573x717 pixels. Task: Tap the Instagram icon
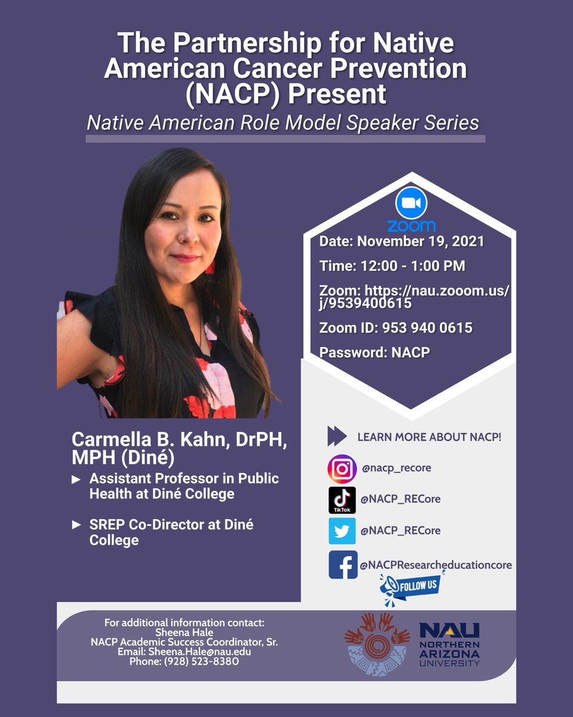pyautogui.click(x=342, y=468)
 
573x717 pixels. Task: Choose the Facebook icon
pyautogui.click(x=343, y=565)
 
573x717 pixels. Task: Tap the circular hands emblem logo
pyautogui.click(x=377, y=644)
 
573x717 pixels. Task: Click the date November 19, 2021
pyautogui.click(x=402, y=242)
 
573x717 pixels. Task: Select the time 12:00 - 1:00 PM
pyautogui.click(x=392, y=266)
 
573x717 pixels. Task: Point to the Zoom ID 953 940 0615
pyautogui.click(x=396, y=327)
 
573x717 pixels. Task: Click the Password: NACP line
pyautogui.click(x=375, y=352)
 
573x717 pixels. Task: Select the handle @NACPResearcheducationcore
pyautogui.click(x=436, y=565)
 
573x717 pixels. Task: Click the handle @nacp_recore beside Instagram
pyautogui.click(x=396, y=468)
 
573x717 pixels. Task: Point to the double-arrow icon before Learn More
pyautogui.click(x=337, y=437)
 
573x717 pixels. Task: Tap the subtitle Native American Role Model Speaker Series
pyautogui.click(x=283, y=122)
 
